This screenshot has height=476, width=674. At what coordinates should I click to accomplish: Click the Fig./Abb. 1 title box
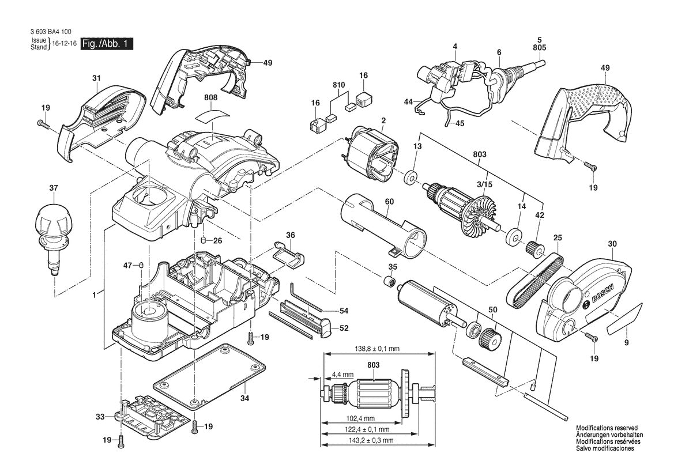point(107,44)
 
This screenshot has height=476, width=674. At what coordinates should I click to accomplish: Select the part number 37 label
point(54,188)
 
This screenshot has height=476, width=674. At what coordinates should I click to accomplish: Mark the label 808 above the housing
point(210,98)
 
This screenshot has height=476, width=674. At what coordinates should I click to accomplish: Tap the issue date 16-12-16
point(64,44)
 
